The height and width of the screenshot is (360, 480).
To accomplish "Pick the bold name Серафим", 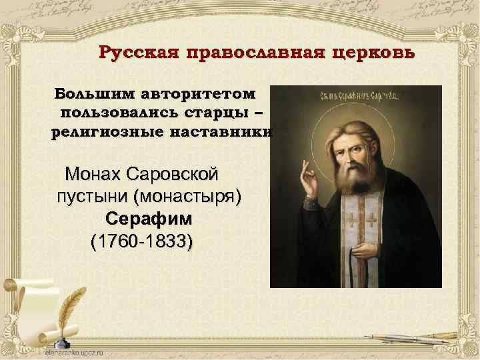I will pos(149,219).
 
